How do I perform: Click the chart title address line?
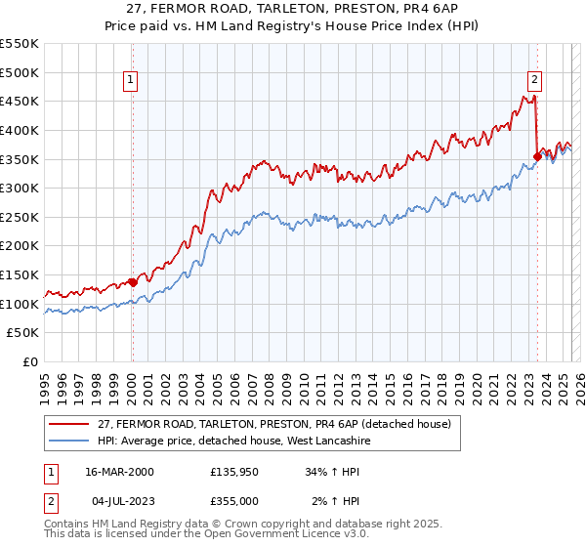(293, 8)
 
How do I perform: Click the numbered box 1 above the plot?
(131, 81)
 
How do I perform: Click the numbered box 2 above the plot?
(536, 81)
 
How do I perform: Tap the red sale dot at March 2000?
(133, 282)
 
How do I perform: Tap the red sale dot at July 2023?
(537, 155)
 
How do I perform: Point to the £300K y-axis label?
(20, 188)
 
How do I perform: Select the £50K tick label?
(23, 333)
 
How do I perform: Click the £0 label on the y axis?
(30, 362)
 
